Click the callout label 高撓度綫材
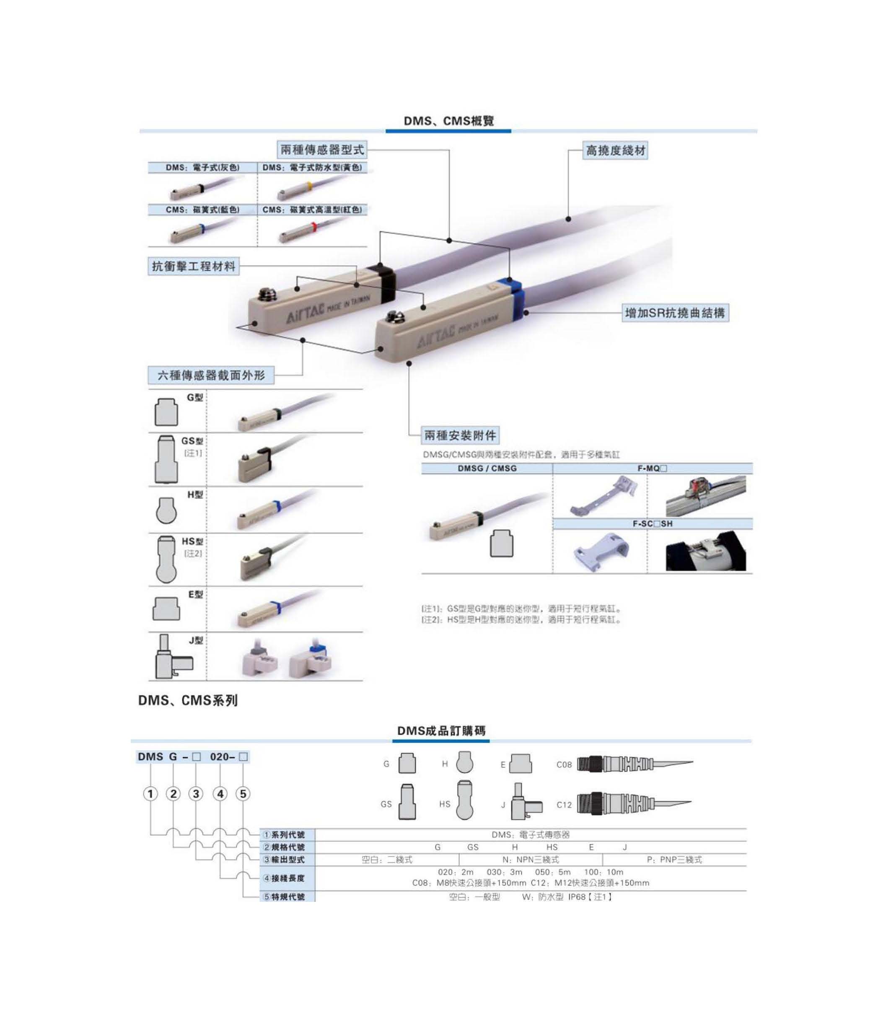[x=615, y=151]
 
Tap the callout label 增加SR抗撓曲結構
[x=675, y=313]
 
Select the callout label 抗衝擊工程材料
[x=194, y=267]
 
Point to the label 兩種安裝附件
[x=460, y=435]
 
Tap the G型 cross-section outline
[x=166, y=412]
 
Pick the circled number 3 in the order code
[x=196, y=794]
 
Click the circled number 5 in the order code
[x=243, y=794]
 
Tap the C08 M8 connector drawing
[x=635, y=764]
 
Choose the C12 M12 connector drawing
[x=635, y=804]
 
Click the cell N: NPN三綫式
[x=530, y=860]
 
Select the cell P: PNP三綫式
[x=674, y=860]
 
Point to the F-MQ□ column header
[x=652, y=469]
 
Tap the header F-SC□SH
[x=652, y=524]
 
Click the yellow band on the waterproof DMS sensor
[x=309, y=186]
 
